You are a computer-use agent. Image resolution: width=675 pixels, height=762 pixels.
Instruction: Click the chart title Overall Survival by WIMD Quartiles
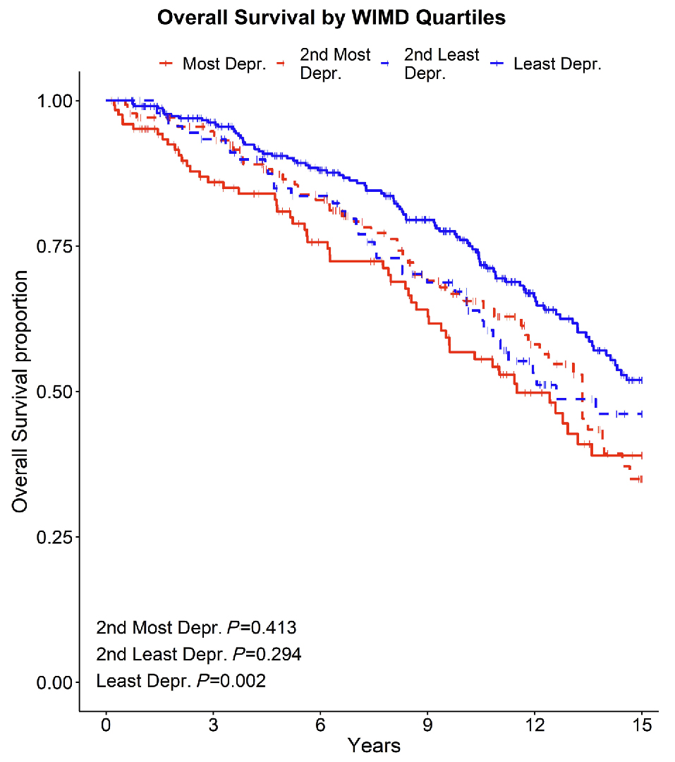tap(331, 18)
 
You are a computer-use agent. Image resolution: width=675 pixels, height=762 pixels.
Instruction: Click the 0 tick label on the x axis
tap(106, 725)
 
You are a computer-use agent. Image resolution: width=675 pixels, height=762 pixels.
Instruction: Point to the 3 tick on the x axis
tap(213, 725)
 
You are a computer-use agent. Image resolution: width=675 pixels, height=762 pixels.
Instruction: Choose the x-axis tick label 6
tap(320, 725)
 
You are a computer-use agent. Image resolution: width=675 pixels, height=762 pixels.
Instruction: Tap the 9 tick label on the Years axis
tap(427, 725)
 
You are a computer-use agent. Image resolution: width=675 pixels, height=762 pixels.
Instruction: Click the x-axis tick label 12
tap(535, 725)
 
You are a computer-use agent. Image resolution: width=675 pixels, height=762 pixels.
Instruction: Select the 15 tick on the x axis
tap(642, 725)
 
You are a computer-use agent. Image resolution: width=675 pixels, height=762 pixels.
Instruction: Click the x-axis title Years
tap(374, 746)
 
